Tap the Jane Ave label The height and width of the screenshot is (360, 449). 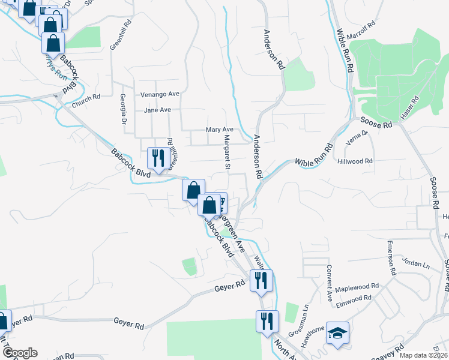coord(158,110)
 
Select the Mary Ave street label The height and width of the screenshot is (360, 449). coord(219,129)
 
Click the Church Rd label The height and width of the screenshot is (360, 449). coord(85,100)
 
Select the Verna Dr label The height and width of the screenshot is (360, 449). coord(357,139)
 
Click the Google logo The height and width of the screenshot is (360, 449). coord(19,353)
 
